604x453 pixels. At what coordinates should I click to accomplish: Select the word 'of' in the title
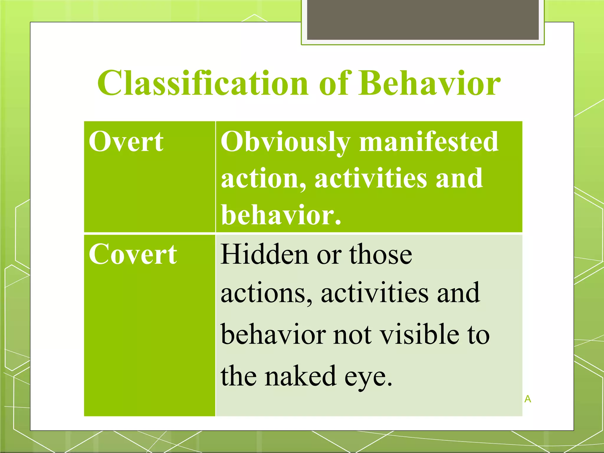[336, 83]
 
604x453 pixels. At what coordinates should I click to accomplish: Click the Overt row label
[126, 142]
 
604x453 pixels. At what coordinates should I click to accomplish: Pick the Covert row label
[133, 254]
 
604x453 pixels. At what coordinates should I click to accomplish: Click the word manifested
[429, 142]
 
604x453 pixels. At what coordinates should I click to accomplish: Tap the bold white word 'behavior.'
[281, 215]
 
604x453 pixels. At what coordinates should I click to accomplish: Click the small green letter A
[528, 399]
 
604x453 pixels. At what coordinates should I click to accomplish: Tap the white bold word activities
[371, 178]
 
